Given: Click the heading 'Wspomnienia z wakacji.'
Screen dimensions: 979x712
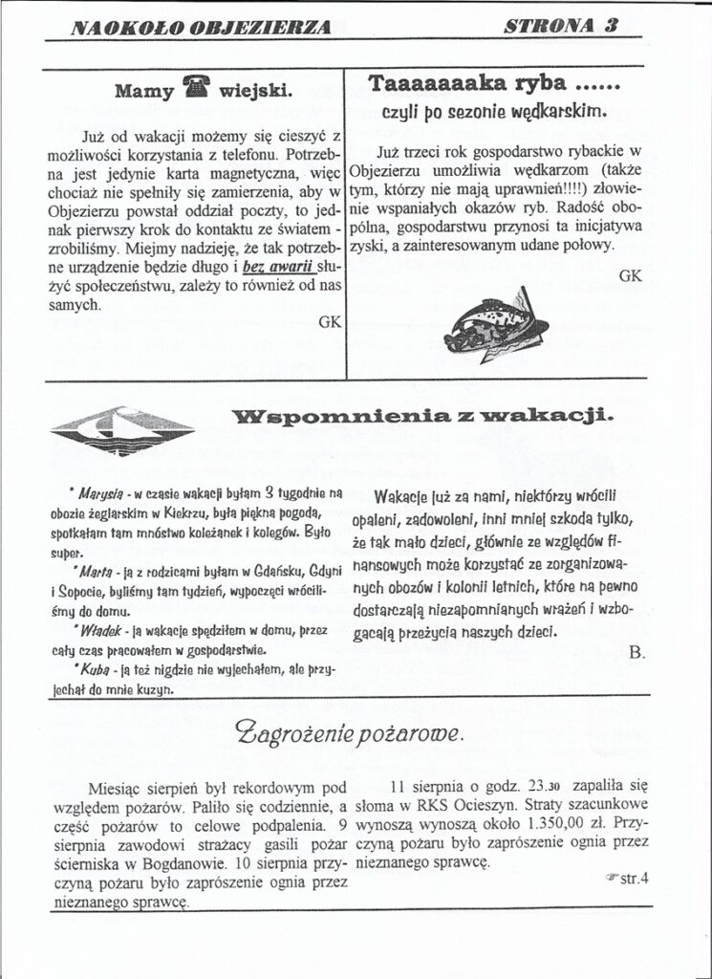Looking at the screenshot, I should coord(422,417).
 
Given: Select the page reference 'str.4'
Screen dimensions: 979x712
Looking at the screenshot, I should coord(629,881).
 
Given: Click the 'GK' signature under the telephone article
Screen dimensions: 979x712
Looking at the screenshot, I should coord(328,321).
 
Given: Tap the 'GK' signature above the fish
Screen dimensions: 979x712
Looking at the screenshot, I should coord(630,275).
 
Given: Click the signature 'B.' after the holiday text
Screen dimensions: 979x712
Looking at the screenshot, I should coord(638,652).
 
